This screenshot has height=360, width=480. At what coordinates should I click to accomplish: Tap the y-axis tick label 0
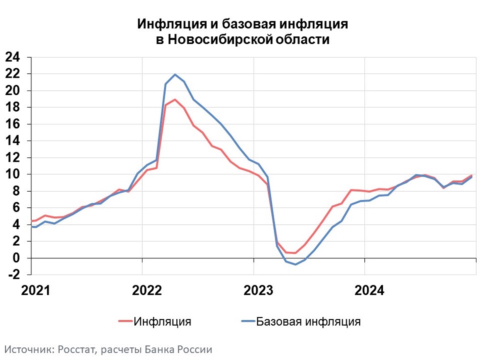(16, 258)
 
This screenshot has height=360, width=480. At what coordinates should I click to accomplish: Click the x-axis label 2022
(147, 291)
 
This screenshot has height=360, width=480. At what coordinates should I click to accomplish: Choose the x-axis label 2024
(369, 291)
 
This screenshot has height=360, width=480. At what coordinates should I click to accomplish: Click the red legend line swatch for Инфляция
(125, 321)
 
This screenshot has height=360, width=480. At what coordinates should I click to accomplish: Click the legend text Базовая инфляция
(308, 321)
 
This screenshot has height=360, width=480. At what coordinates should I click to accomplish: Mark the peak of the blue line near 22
(175, 74)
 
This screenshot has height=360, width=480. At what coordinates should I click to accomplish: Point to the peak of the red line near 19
(175, 100)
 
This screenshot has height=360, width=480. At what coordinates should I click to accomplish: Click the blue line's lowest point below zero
(296, 264)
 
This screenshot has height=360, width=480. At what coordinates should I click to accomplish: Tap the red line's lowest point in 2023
(296, 253)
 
